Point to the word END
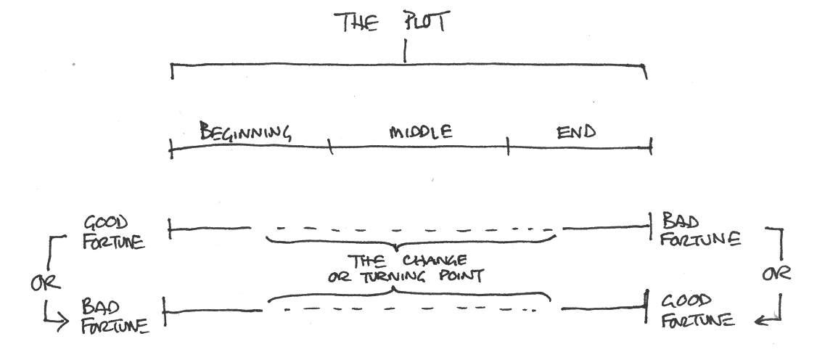click(576, 131)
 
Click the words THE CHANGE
click(407, 261)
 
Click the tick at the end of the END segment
click(650, 147)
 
